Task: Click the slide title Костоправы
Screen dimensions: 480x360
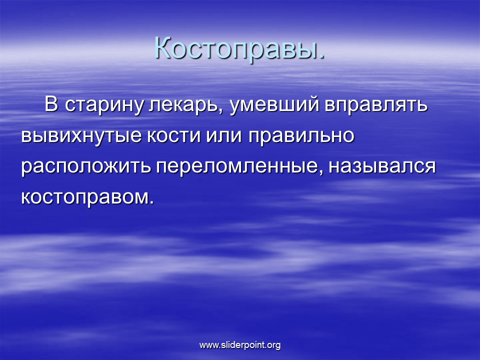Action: click(239, 48)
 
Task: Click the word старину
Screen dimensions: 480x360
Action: click(104, 105)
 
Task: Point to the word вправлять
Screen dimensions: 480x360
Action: click(376, 105)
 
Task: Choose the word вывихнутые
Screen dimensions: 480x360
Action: click(81, 135)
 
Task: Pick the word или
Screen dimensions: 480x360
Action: click(224, 135)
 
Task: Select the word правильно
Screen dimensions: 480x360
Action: click(301, 135)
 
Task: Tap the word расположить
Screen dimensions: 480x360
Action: click(86, 166)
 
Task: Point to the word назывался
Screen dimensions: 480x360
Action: click(382, 166)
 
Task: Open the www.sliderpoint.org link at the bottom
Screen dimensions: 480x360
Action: click(240, 345)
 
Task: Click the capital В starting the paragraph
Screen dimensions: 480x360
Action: click(51, 104)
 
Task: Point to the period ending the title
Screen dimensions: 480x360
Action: click(321, 56)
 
